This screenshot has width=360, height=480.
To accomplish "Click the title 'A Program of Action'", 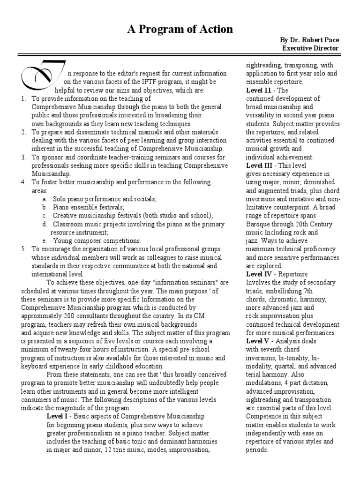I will tap(180, 30).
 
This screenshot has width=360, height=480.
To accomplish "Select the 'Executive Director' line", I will tap(310, 48).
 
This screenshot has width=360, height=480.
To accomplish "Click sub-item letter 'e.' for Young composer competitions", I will tap(44, 240).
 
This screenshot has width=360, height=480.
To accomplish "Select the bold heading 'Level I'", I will tap(59, 416).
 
